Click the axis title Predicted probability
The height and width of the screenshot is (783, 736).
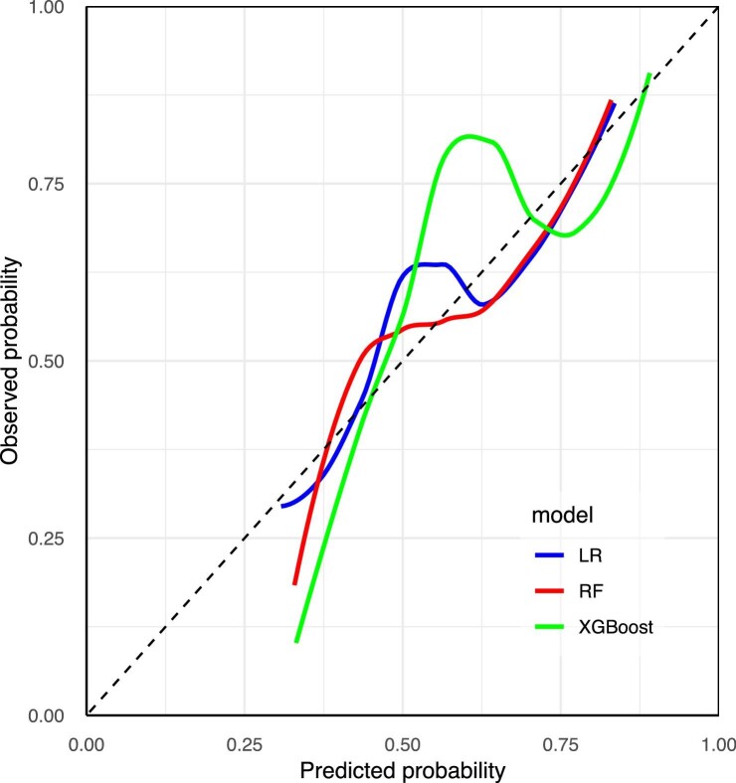click(402, 769)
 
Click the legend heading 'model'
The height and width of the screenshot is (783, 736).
click(563, 516)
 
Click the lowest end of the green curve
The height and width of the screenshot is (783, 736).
click(296, 642)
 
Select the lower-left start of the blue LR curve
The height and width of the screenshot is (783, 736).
click(282, 506)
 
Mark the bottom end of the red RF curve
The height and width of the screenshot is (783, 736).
click(294, 583)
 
